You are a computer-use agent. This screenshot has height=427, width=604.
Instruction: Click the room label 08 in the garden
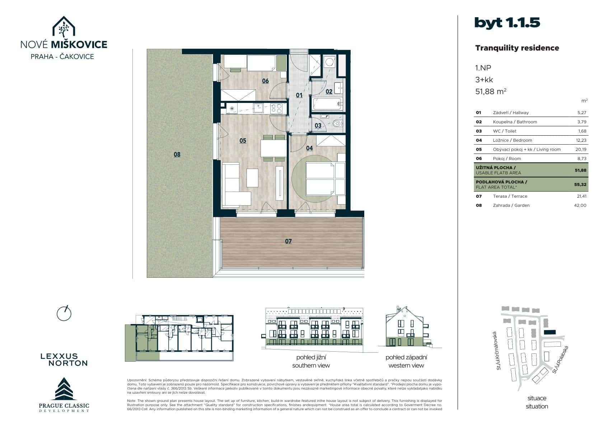point(177,154)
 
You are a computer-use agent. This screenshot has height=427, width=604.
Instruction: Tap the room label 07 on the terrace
point(289,241)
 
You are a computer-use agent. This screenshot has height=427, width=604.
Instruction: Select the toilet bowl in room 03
point(337,124)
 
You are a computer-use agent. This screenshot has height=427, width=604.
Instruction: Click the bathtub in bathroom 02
point(327,104)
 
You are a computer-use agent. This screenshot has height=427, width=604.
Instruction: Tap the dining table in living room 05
point(273,148)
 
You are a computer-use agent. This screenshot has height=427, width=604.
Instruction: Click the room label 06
point(265,81)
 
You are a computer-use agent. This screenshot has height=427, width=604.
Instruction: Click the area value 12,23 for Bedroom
point(581,140)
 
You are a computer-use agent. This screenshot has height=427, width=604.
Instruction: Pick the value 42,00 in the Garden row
point(580,205)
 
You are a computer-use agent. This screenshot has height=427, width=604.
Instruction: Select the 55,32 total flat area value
point(580,184)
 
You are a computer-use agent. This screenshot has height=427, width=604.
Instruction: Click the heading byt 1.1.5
point(507,23)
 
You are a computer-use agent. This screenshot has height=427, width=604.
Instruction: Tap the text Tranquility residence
point(517,48)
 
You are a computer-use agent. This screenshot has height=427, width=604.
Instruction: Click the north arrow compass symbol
point(64,313)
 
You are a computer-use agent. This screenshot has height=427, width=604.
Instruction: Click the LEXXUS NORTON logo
point(64,360)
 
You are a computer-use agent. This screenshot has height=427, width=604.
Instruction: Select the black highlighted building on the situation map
point(549,333)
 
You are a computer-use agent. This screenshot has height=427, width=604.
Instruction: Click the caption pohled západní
point(406,357)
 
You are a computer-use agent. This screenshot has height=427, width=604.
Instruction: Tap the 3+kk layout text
point(484,80)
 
